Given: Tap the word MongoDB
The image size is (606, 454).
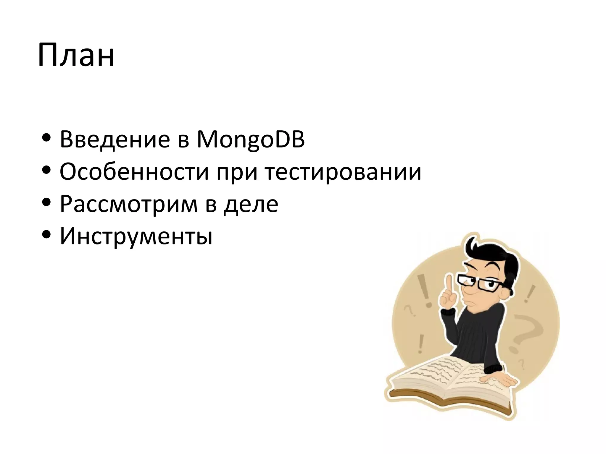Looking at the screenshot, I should [x=251, y=140].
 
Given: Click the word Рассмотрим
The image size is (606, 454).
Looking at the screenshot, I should [x=128, y=204].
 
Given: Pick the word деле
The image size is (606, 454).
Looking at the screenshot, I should [x=251, y=204].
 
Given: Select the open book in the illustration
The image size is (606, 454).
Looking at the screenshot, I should [x=450, y=381].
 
